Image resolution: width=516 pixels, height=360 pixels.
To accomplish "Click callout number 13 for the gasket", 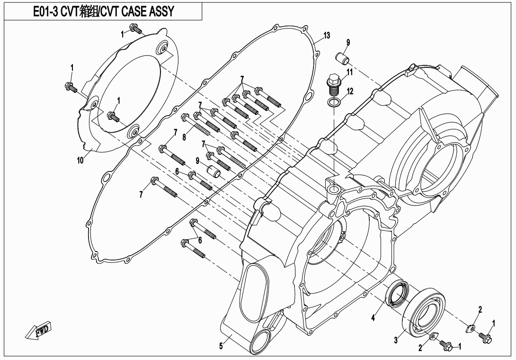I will pos(327,36).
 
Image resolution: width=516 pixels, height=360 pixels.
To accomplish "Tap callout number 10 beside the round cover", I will pos(80,160).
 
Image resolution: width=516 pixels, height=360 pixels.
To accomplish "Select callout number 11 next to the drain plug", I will pos(349,72).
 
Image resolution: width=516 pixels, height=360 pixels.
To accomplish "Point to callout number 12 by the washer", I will pos(350,91).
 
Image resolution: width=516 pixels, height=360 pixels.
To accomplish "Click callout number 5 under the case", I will pos(221,346).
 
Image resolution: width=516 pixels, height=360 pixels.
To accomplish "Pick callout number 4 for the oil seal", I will pos(373,318).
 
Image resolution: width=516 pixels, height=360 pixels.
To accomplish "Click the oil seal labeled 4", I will pos(397,294).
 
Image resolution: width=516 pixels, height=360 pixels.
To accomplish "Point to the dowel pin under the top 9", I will pos(342,59).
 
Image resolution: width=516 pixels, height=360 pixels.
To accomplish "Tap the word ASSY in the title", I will pos(160,12).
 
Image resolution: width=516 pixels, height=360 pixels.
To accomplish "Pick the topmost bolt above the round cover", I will pos(137,30).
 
